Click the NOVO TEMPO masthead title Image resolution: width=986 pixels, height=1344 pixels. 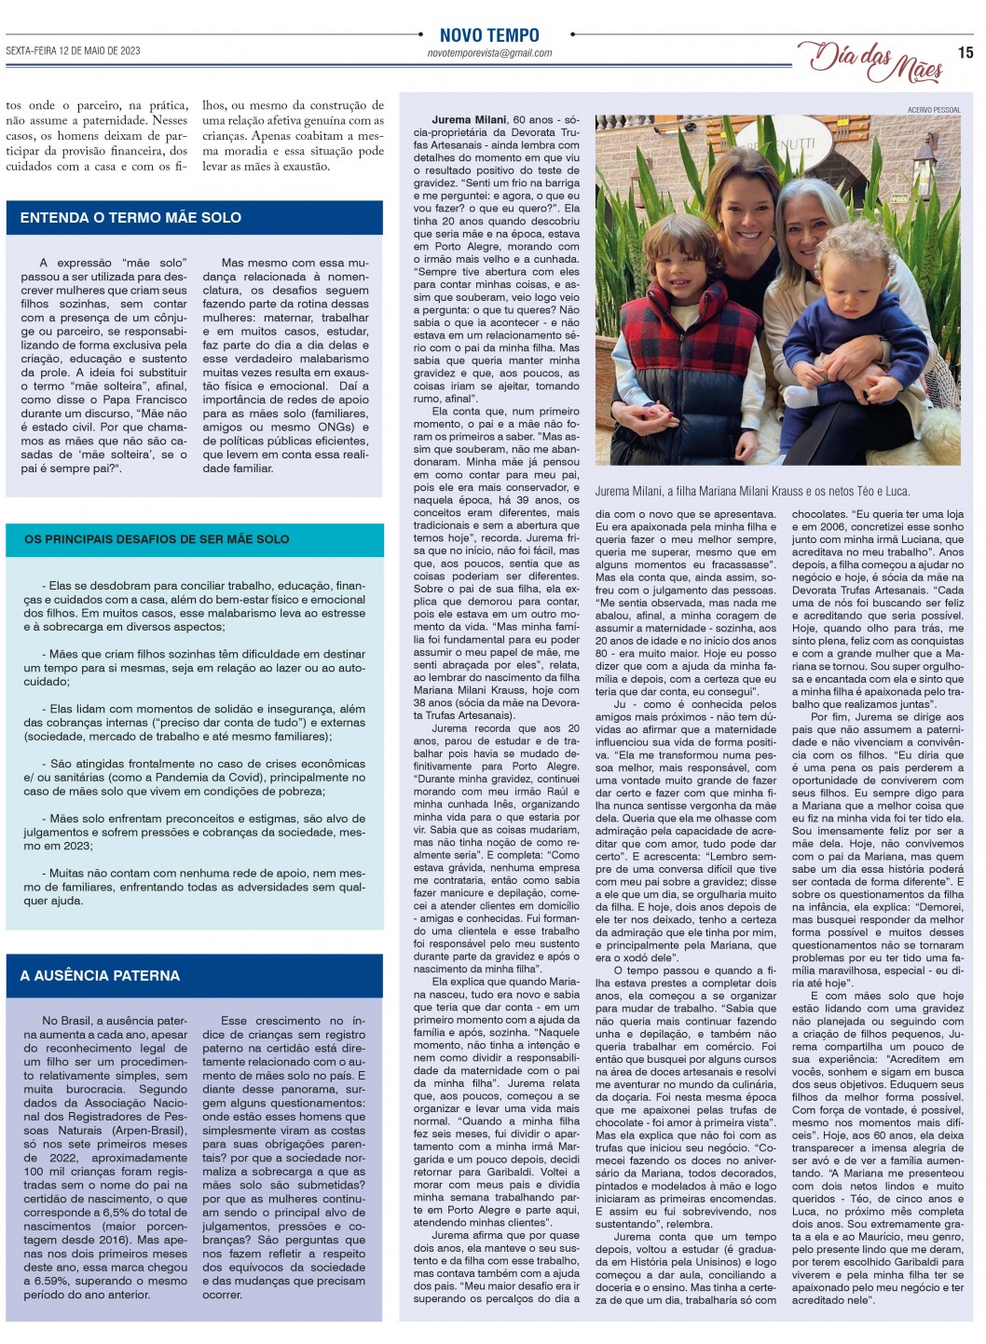coord(489,35)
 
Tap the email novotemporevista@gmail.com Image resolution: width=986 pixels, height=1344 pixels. coord(489,54)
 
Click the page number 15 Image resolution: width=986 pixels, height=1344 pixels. coord(965,53)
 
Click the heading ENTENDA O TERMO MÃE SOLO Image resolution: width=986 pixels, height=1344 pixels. coord(130,218)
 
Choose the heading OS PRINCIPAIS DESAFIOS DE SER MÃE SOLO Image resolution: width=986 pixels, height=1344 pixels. coord(157,539)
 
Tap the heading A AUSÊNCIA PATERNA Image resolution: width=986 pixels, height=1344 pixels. coord(100,975)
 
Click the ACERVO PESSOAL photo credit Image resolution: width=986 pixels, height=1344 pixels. coord(934,110)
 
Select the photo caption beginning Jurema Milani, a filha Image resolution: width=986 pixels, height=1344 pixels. coord(752,491)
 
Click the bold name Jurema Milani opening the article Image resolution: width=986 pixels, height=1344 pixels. coord(470,120)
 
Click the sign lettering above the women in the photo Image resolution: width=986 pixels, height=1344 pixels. coord(779,145)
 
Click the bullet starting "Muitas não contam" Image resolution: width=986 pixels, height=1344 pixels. coord(194,887)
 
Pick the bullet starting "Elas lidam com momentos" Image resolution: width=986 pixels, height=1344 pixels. coord(194,722)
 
